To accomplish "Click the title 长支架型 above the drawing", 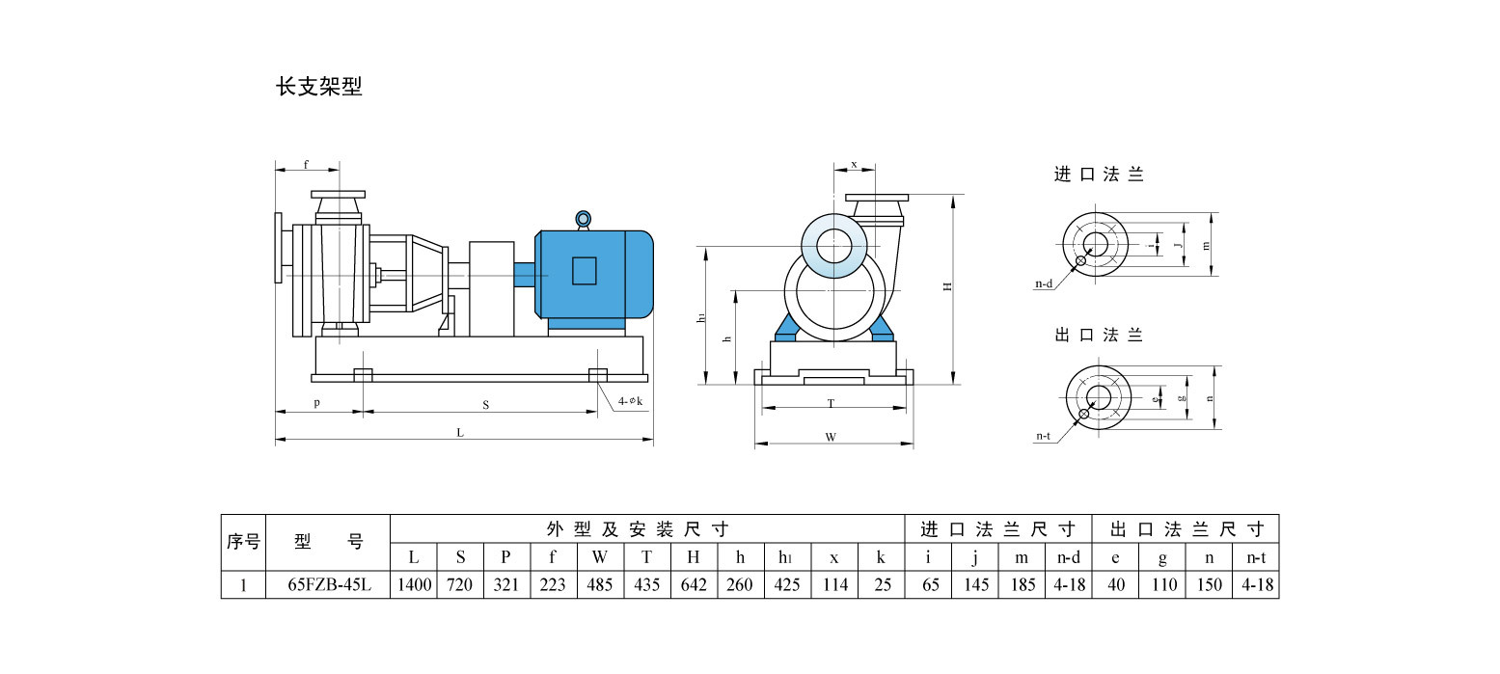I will tap(319, 87).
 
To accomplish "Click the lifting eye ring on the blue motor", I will tap(583, 219).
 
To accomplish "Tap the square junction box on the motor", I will tap(585, 270).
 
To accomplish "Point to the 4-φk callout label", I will tap(630, 400).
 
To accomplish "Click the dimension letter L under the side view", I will tap(461, 433).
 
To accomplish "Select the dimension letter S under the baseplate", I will tap(485, 406).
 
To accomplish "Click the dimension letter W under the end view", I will tap(831, 437).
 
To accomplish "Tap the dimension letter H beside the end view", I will tap(948, 286).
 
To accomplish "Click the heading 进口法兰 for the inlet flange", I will tap(1099, 175).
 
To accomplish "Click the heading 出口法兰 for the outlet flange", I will tap(1099, 335).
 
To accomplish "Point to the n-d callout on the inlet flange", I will tap(1044, 284).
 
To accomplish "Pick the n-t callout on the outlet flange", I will tap(1044, 436).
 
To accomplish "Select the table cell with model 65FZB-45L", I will tap(327, 584).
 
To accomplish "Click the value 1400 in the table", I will tap(414, 584).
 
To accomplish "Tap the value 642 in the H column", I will tap(694, 584).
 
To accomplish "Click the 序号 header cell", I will tap(243, 542).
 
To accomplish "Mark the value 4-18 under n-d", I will tap(1069, 584).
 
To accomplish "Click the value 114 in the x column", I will tap(834, 584).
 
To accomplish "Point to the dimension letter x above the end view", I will tap(854, 164).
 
